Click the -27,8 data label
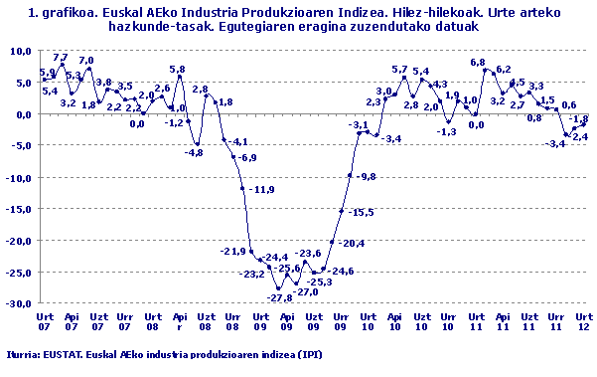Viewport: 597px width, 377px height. point(281,297)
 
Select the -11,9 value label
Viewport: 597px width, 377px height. point(262,189)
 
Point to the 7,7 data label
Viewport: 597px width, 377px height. point(61,58)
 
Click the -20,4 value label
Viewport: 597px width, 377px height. point(352,244)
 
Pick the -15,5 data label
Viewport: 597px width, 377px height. point(362,212)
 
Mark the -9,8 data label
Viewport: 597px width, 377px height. point(367,176)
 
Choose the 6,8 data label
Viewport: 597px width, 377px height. point(478,63)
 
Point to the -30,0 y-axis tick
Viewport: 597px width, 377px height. point(20,303)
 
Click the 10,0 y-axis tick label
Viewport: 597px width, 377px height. point(22,50)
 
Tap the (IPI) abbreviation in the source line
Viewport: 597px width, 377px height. point(309,353)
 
